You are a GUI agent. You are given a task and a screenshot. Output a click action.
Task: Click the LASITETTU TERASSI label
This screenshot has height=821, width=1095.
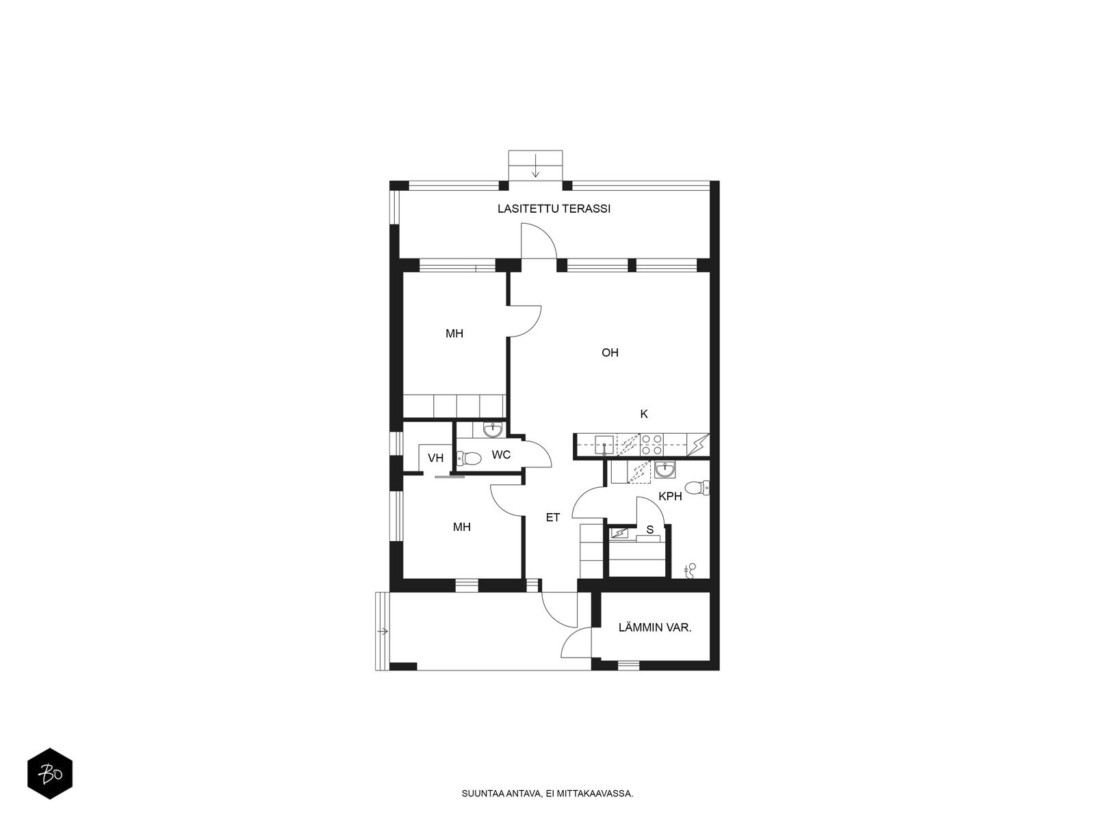point(554,209)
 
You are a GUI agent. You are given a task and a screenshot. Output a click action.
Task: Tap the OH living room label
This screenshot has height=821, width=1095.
point(610,353)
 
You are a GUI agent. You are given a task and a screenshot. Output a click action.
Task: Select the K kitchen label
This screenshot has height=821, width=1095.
point(643,414)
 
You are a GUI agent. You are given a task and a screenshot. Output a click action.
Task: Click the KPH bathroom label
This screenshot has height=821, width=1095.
point(670,497)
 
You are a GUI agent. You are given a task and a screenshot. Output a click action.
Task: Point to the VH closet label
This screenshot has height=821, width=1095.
point(435,458)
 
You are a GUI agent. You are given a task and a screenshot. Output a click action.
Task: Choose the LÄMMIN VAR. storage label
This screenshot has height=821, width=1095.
point(655,627)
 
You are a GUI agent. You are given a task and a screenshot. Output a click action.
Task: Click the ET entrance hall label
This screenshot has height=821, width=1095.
point(553,517)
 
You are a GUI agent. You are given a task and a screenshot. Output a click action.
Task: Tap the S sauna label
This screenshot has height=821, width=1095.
point(649,530)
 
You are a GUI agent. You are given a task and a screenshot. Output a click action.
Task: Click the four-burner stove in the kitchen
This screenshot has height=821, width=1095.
point(652,445)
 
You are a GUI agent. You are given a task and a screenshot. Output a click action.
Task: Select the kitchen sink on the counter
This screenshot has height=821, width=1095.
point(604,445)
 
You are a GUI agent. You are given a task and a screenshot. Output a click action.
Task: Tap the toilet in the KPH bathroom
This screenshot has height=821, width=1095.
point(697,488)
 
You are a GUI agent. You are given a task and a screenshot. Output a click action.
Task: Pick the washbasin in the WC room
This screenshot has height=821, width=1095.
point(493,429)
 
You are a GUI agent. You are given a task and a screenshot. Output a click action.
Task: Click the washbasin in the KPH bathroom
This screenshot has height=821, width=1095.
point(665,469)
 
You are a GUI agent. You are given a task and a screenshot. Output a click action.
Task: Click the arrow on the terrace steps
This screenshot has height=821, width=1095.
point(535,166)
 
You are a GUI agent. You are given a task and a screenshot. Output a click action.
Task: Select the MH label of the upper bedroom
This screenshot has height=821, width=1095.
point(454,333)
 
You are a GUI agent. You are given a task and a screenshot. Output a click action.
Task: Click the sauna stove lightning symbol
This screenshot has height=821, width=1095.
point(619,534)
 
